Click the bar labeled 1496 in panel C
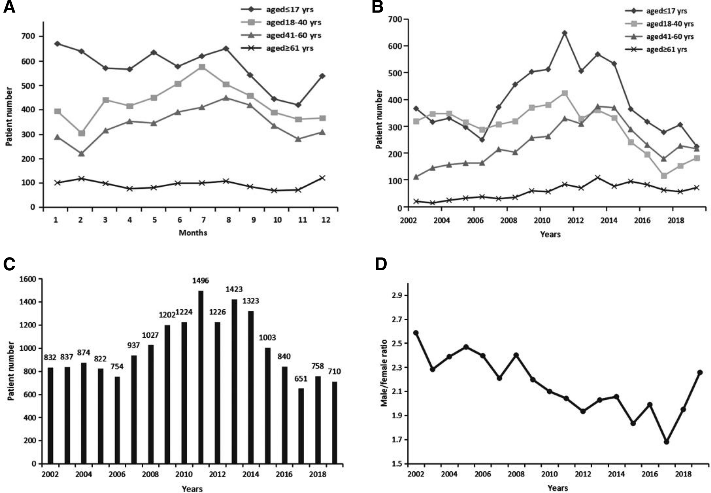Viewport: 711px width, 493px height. click(201, 377)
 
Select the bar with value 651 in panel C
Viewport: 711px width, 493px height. click(301, 426)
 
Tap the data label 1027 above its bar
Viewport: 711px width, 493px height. click(150, 336)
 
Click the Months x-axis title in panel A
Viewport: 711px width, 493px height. click(192, 233)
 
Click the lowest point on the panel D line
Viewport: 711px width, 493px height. click(666, 442)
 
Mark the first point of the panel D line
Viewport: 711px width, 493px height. click(416, 333)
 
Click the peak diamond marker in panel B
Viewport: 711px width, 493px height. click(565, 33)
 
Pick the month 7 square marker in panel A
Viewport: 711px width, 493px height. click(202, 67)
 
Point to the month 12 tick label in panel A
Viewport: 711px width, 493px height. click(325, 220)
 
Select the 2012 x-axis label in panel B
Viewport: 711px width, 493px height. click(575, 220)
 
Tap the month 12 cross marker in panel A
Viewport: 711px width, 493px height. click(322, 178)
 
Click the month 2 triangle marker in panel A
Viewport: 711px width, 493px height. click(81, 154)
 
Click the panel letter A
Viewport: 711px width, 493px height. click(9, 7)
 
